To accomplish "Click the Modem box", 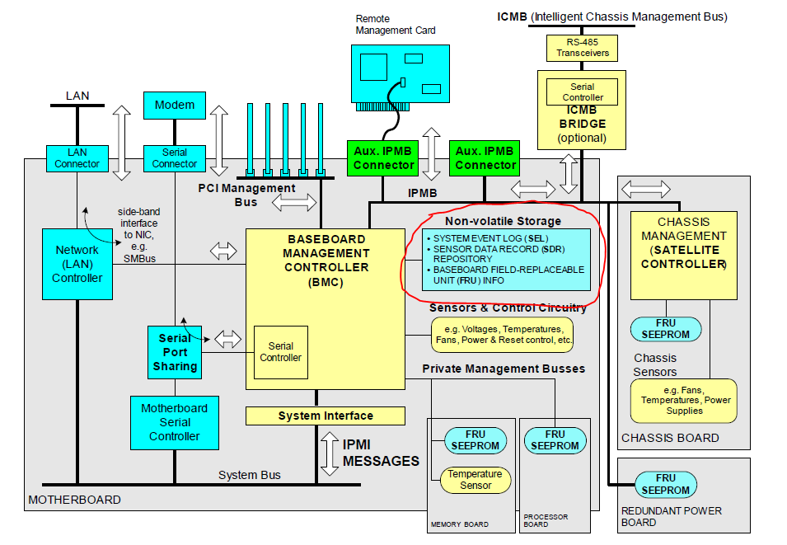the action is point(175,105).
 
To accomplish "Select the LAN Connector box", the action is point(77,158).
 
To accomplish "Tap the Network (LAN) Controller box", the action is point(77,264).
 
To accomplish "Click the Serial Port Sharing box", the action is point(175,352).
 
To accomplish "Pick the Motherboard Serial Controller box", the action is point(174,422).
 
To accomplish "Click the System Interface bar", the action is point(325,416).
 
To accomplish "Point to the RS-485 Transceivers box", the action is point(582,47).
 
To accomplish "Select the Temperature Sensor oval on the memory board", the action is point(475,480).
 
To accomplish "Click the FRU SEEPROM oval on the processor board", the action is point(555,440).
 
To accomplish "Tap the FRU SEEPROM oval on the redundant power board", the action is point(665,484).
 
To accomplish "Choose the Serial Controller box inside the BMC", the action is point(280,352).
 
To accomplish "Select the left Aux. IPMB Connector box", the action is point(383,158).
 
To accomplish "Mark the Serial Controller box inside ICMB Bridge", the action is point(582,92).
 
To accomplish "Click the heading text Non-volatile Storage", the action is point(503,221).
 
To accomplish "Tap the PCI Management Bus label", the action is point(246,195).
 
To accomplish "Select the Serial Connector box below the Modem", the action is point(174,158).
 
